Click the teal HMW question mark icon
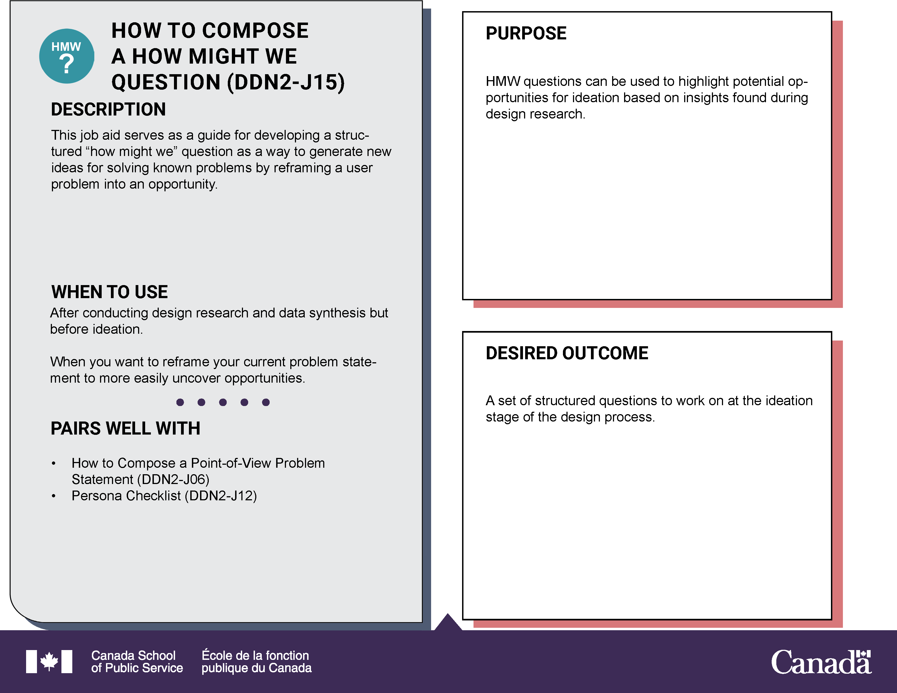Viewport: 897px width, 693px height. [x=67, y=56]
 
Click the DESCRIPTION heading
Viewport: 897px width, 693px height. [x=108, y=110]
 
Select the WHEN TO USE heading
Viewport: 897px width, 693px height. [x=109, y=292]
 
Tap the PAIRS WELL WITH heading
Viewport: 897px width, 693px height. [x=125, y=428]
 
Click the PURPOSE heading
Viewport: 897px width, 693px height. [x=526, y=33]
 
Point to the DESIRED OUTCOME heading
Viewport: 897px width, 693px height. [x=567, y=353]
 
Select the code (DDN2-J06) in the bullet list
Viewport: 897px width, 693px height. [x=173, y=479]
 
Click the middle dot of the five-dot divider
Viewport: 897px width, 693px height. [x=223, y=402]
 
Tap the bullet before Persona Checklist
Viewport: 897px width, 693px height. [x=53, y=496]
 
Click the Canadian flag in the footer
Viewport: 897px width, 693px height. [x=49, y=661]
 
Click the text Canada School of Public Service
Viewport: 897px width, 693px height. [x=137, y=661]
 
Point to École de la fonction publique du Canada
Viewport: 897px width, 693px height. [x=256, y=661]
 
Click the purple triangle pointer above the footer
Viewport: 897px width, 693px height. [x=448, y=622]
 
